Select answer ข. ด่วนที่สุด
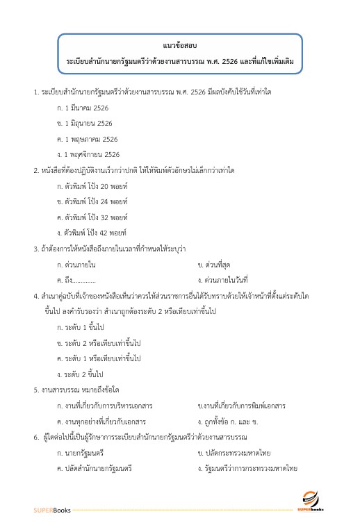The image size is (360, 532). coord(218,264)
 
